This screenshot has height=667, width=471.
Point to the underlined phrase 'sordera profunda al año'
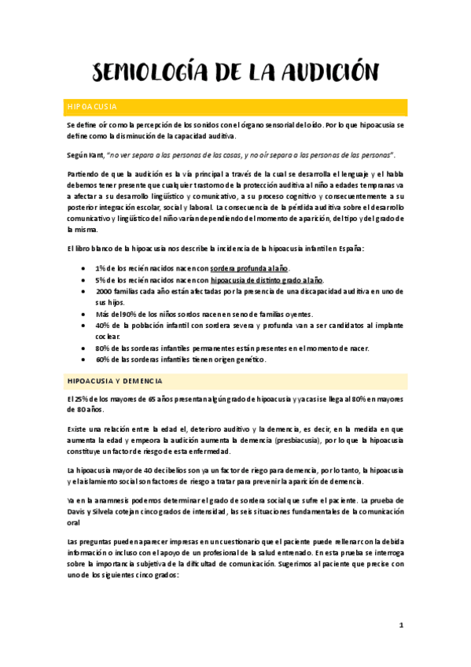click(x=249, y=269)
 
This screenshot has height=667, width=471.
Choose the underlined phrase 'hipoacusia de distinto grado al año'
click(x=267, y=280)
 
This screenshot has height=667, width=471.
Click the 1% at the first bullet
click(x=101, y=269)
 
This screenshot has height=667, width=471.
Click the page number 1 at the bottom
click(x=401, y=626)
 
